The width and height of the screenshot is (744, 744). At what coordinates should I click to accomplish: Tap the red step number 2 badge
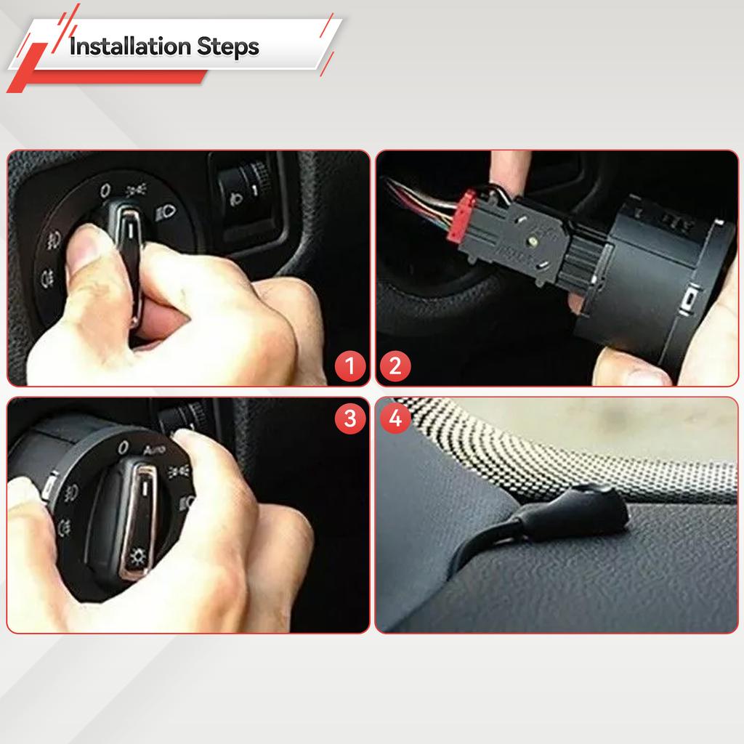tap(395, 365)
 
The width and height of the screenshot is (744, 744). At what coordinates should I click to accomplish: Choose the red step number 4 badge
tap(395, 418)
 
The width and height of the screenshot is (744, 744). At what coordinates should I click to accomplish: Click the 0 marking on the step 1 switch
tap(105, 190)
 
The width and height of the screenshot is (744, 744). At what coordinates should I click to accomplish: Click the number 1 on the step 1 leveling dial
tap(255, 190)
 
